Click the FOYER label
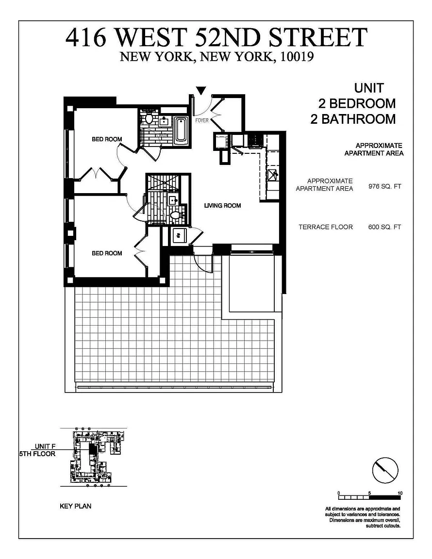click(x=202, y=120)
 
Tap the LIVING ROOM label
click(x=222, y=205)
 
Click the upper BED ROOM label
click(x=107, y=139)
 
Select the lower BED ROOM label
click(x=107, y=253)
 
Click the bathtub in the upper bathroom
click(x=181, y=130)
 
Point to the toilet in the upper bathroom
click(x=149, y=118)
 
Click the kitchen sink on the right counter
click(x=273, y=174)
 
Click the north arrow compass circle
click(x=385, y=470)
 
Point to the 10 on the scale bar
click(x=400, y=493)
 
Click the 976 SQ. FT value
click(x=384, y=186)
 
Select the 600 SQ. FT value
click(x=384, y=227)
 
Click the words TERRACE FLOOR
click(x=326, y=227)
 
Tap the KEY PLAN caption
click(x=76, y=506)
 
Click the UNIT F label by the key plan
click(x=45, y=446)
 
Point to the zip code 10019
click(x=297, y=57)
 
